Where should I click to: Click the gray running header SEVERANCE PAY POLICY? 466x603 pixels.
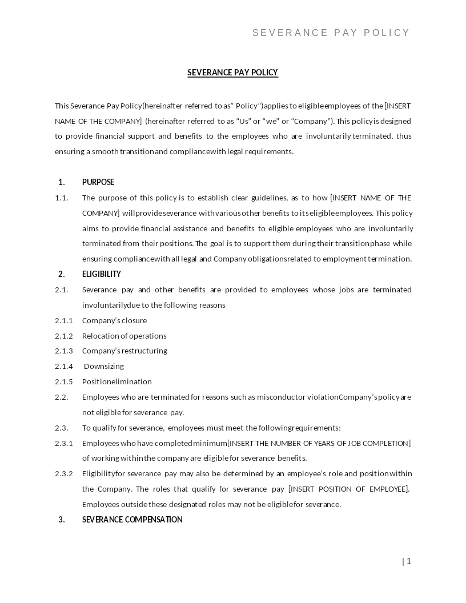pos(331,33)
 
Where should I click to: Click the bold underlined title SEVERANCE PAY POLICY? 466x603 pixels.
pos(232,73)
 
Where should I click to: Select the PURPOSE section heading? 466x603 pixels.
pos(98,182)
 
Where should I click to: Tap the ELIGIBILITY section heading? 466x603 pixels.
pos(102,274)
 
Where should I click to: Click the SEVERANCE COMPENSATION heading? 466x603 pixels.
pos(132,520)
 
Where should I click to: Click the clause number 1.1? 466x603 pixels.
pos(62,198)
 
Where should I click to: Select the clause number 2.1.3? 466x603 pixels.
pos(64,351)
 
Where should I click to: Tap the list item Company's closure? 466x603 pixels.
pos(114,320)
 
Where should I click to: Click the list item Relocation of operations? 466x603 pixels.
pos(124,336)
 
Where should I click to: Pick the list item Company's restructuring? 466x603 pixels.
pos(124,351)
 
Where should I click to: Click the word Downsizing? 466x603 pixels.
pos(104,366)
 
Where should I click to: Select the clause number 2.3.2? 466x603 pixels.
pos(64,473)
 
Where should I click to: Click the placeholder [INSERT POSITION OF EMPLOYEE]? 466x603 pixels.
pos(348,489)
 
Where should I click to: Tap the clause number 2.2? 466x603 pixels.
pos(62,397)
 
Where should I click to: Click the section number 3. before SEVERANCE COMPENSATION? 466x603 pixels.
pos(62,520)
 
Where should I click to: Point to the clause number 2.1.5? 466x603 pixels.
pos(64,381)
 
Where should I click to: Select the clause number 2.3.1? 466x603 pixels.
pos(64,443)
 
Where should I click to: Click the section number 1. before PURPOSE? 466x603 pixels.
pos(62,182)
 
